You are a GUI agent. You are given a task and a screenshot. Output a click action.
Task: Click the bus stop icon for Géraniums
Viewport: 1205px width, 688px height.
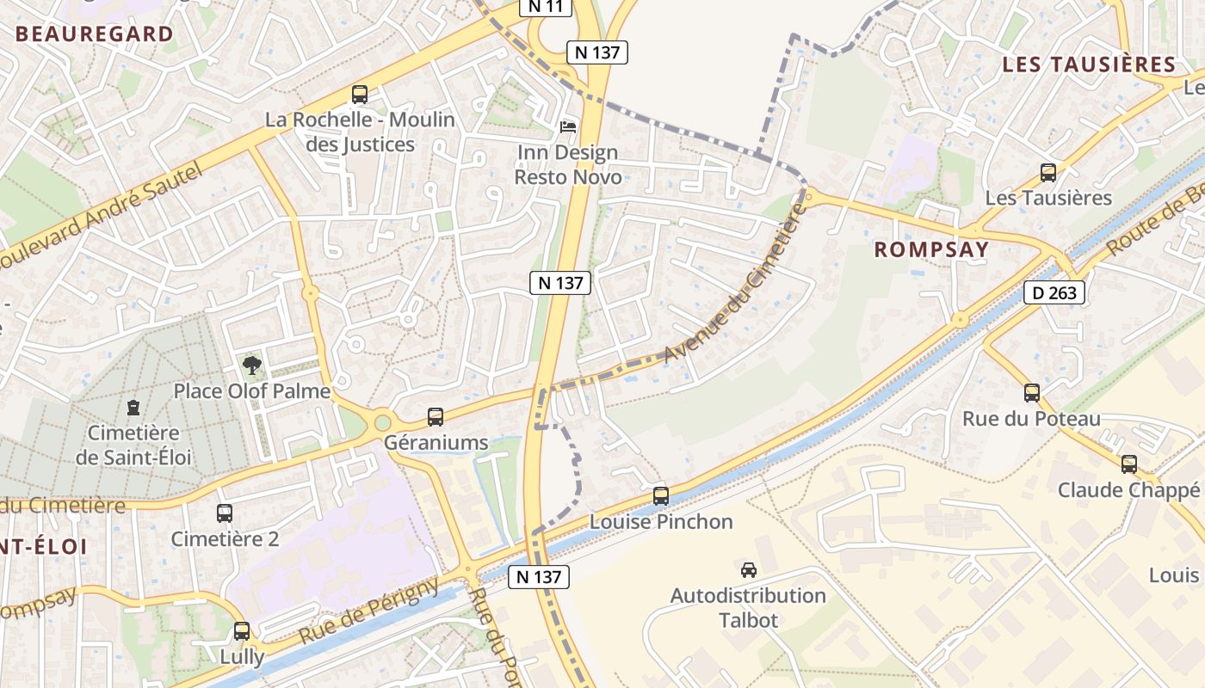pyautogui.click(x=436, y=417)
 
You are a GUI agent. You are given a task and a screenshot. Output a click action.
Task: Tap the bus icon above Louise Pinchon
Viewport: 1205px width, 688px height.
pyautogui.click(x=661, y=496)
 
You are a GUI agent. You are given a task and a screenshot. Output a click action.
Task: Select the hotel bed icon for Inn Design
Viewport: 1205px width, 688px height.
pyautogui.click(x=568, y=127)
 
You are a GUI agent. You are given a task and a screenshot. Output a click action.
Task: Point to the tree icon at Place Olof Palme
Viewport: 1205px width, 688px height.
pyautogui.click(x=251, y=366)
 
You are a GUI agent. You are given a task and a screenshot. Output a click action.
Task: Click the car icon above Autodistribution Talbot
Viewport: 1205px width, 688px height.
pyautogui.click(x=749, y=569)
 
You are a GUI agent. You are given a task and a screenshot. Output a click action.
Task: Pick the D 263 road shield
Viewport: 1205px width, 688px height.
pyautogui.click(x=1054, y=292)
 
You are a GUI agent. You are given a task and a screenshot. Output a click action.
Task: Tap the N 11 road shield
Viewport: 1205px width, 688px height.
pyautogui.click(x=546, y=7)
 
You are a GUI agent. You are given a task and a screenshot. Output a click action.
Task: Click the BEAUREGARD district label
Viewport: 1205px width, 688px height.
pyautogui.click(x=95, y=34)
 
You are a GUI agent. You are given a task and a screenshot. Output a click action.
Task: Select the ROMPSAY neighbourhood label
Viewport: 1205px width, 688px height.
pyautogui.click(x=931, y=249)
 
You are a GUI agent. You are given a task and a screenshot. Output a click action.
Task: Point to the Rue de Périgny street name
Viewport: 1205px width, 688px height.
pyautogui.click(x=370, y=611)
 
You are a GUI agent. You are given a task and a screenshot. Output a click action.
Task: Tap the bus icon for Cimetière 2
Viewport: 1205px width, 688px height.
pyautogui.click(x=225, y=513)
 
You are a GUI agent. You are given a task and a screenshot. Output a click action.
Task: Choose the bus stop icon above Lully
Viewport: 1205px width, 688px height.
pyautogui.click(x=242, y=631)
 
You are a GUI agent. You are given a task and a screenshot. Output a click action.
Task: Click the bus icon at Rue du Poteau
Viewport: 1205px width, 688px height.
pyautogui.click(x=1032, y=393)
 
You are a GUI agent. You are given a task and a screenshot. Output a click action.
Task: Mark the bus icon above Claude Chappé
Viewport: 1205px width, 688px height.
pyautogui.click(x=1129, y=464)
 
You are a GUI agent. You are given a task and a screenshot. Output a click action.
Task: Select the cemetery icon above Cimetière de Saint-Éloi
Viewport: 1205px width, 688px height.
pyautogui.click(x=133, y=407)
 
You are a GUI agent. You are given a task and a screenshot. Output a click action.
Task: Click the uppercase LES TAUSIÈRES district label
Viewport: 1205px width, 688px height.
pyautogui.click(x=1089, y=64)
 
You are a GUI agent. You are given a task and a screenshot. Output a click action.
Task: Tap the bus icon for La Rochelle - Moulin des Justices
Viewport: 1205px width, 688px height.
pyautogui.click(x=360, y=95)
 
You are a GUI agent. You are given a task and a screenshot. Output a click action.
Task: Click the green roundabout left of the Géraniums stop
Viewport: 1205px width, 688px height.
pyautogui.click(x=382, y=422)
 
